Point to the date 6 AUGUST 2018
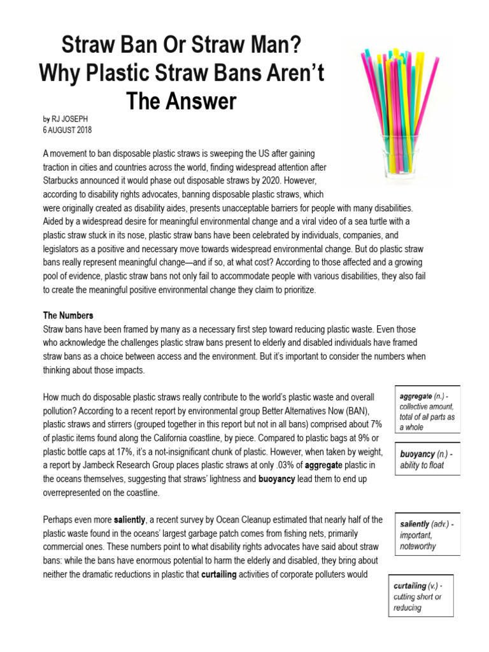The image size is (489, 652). (67, 131)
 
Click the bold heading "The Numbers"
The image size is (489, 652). (68, 315)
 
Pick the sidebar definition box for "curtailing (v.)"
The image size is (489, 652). (421, 597)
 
